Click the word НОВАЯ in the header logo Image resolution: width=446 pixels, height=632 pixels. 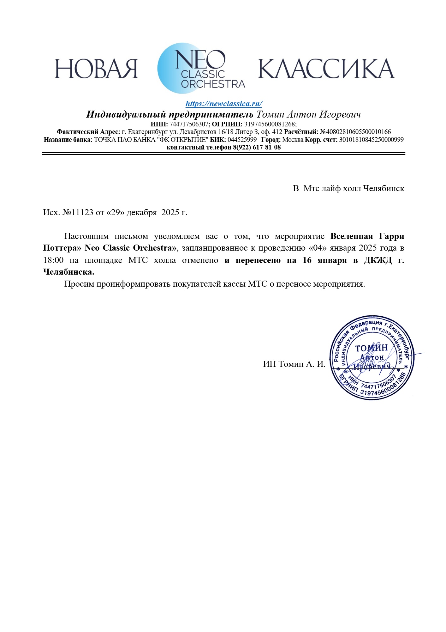pos(96,69)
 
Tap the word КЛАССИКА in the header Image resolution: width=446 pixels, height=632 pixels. pos(326,69)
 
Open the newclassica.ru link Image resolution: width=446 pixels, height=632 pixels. pos(223,104)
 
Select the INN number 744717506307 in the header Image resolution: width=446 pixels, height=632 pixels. pos(189,124)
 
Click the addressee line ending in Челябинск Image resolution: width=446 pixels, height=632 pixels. pos(348,189)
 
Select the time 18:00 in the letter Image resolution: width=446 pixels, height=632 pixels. pos(53,260)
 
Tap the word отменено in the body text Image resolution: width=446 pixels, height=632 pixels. pos(200,260)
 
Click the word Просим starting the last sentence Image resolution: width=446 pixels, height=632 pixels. pos(79,284)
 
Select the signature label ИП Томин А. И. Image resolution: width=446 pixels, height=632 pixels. pos(294,364)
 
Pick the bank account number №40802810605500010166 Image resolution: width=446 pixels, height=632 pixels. pos(355,132)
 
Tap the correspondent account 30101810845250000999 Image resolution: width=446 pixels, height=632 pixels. pos(371,140)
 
